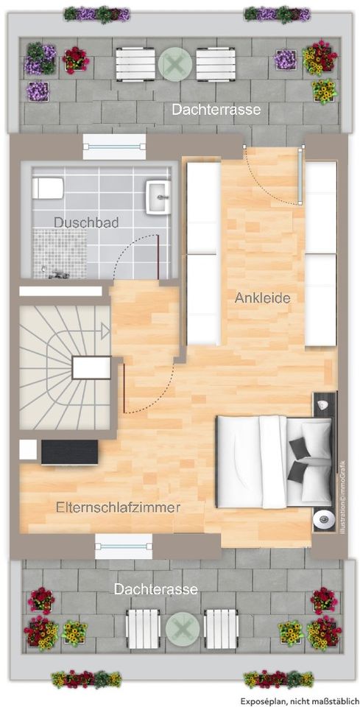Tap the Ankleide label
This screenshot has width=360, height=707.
pos(263,298)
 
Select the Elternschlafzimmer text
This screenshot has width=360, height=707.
pos(119,507)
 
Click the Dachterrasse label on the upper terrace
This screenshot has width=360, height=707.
pos(216,110)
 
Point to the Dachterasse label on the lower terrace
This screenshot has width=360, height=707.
pos(155,589)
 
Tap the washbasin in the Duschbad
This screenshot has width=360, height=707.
pos(158,197)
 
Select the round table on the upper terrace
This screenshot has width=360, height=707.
pos(174,65)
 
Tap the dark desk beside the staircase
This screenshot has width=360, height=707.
pos(69,451)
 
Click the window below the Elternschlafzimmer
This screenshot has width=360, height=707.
pos(124,546)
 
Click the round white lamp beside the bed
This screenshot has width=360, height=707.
pos(321,520)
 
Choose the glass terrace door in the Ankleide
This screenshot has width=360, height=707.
pos(300,175)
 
